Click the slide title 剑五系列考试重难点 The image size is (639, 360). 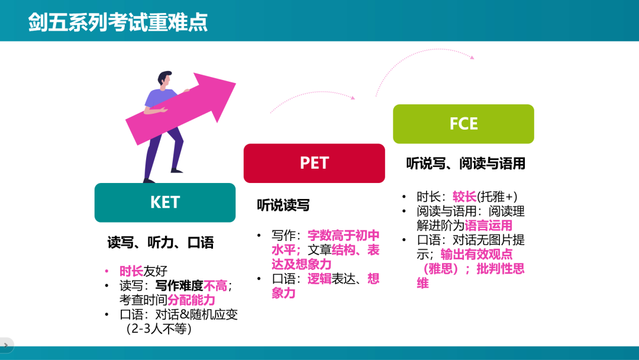click(118, 22)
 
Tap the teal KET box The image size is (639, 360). click(164, 202)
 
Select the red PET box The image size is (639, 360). click(314, 163)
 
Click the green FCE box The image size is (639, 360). click(463, 124)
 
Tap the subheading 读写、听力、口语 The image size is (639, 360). click(160, 242)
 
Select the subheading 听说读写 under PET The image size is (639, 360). click(283, 205)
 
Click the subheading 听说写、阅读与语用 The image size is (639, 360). click(466, 163)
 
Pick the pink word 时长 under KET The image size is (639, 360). click(131, 271)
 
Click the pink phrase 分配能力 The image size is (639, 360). click(191, 300)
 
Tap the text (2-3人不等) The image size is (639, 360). click(159, 329)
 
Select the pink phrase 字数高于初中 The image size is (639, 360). click(344, 235)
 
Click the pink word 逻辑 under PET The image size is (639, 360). click(319, 278)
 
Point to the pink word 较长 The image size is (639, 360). click(464, 197)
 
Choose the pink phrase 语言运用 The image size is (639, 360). click(488, 226)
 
